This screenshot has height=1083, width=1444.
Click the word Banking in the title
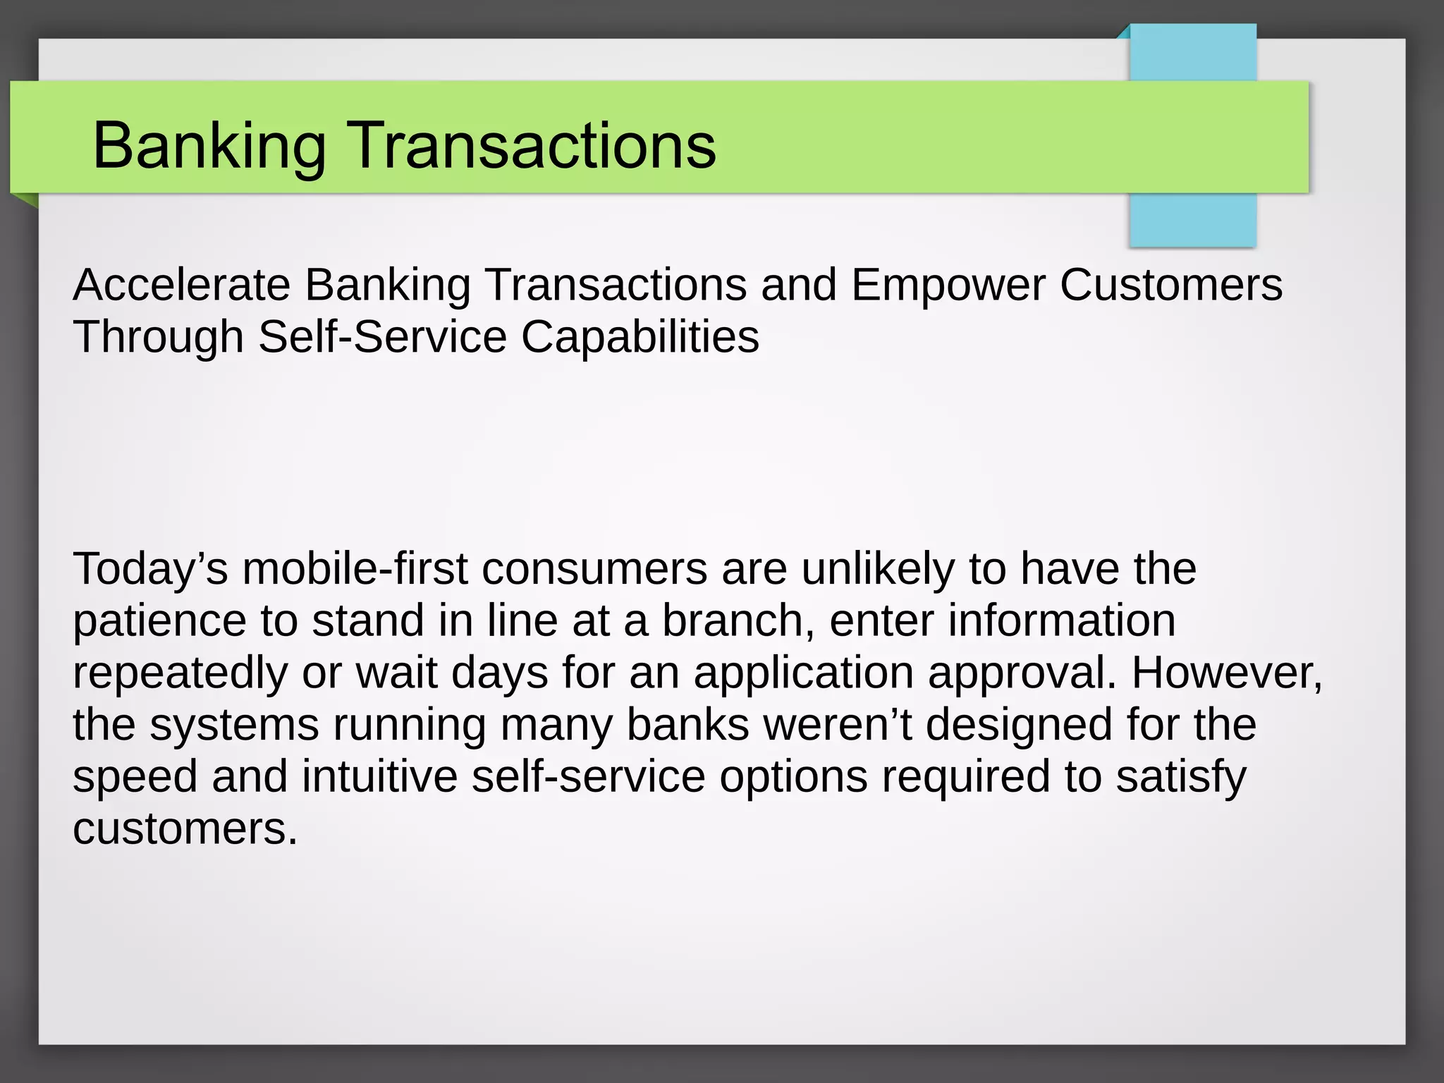pos(209,147)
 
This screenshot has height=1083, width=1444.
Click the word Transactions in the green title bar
pos(533,145)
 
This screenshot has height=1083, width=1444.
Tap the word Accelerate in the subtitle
pos(181,285)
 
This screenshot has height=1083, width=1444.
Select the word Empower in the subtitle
pos(948,285)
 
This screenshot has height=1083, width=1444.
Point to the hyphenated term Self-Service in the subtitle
pos(382,336)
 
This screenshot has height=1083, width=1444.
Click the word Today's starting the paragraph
pos(150,569)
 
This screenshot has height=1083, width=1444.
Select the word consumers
pos(594,569)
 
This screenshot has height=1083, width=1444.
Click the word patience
pos(159,622)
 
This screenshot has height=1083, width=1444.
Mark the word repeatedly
pos(180,674)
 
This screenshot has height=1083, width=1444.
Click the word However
pos(1226,673)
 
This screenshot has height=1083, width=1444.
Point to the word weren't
pos(837,725)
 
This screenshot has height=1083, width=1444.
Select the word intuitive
pos(380,776)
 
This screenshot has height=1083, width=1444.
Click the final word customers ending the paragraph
pos(185,828)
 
